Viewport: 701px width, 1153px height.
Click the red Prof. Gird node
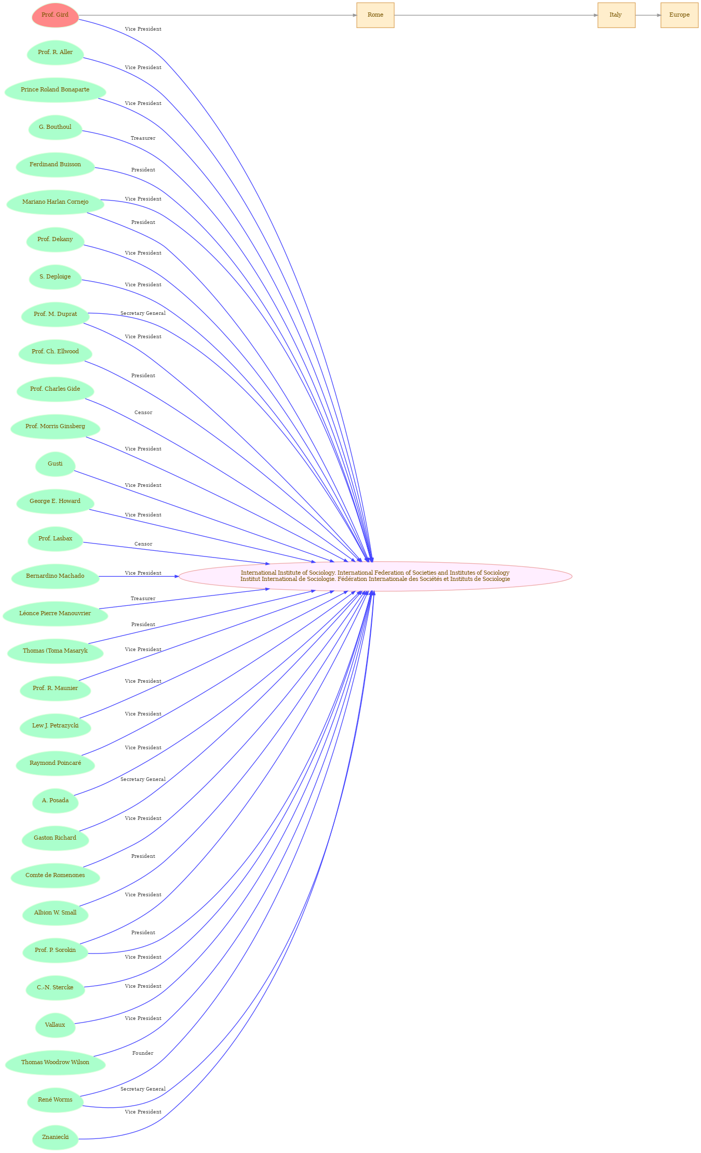click(55, 15)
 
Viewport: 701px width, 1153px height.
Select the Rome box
click(375, 15)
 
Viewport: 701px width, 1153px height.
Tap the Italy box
click(616, 15)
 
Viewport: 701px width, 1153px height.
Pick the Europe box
click(679, 15)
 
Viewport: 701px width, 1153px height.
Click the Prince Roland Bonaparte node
click(55, 90)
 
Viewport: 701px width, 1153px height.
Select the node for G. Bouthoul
click(55, 127)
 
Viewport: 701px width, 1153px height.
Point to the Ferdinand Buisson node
click(55, 165)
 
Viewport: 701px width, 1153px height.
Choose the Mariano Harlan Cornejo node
click(55, 202)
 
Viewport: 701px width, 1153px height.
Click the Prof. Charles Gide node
click(55, 389)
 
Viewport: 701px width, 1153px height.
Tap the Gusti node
click(55, 464)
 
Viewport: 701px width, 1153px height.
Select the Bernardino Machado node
click(55, 576)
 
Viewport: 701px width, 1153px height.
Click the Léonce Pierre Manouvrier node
click(55, 614)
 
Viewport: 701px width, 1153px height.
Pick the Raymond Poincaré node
click(55, 763)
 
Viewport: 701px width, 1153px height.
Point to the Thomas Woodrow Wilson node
click(55, 1063)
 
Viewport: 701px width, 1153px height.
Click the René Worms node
click(55, 1100)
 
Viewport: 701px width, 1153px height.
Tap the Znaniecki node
click(55, 1137)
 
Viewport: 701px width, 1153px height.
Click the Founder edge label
click(143, 1053)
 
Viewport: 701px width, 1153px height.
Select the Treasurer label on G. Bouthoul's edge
click(143, 138)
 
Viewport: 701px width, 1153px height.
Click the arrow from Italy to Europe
click(648, 15)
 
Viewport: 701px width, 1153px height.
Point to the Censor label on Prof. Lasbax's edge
click(143, 544)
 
